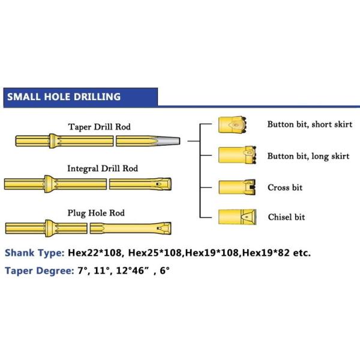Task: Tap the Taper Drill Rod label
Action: [x=100, y=127]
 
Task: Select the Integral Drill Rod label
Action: [x=102, y=169]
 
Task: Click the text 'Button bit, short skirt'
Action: [x=310, y=125]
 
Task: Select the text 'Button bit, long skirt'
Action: [x=308, y=157]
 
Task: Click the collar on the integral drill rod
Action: [x=49, y=182]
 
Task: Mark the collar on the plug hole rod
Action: [x=49, y=228]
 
